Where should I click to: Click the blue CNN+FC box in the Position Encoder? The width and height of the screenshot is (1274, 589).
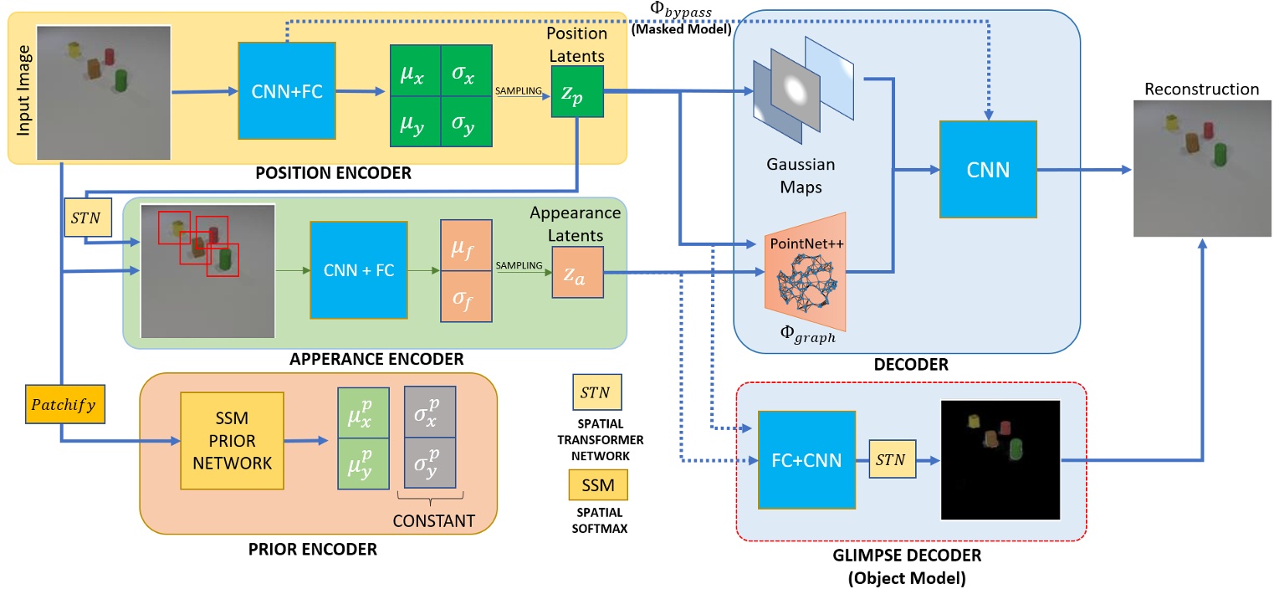point(287,90)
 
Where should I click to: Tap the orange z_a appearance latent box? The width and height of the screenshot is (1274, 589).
point(577,273)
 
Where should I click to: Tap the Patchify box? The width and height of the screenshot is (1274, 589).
point(60,403)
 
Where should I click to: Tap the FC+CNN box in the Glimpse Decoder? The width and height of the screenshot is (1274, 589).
point(806,460)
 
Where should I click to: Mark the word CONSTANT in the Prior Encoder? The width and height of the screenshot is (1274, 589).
point(434,520)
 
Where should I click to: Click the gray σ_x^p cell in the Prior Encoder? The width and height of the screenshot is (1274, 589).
point(430,412)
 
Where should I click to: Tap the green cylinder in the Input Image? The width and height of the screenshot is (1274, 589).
point(120,82)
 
